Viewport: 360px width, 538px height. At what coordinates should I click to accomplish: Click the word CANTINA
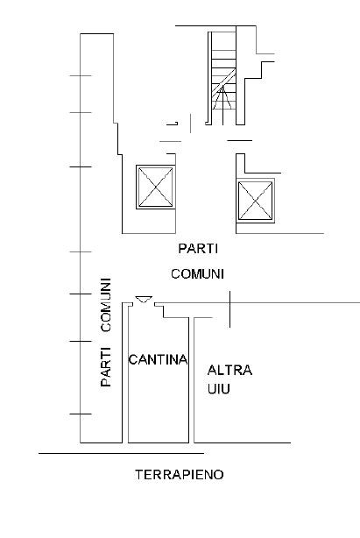(x=158, y=359)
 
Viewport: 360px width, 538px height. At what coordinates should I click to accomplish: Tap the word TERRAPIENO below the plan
(x=180, y=475)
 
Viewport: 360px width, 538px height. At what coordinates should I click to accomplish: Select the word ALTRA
(x=229, y=371)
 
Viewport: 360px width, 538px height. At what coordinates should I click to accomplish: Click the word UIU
(x=219, y=389)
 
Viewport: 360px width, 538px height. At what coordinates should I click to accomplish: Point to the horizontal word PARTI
(x=198, y=249)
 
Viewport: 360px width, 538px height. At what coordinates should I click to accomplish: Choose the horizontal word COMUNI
(x=197, y=274)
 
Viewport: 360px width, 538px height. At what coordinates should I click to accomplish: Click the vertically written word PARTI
(x=106, y=367)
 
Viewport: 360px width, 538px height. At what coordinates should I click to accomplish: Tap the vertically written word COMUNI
(x=106, y=305)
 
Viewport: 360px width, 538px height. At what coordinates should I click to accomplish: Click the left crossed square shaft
(x=156, y=187)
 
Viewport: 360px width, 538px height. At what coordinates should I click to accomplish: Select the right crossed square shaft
(x=256, y=201)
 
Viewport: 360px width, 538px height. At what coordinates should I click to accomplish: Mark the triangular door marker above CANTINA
(x=144, y=300)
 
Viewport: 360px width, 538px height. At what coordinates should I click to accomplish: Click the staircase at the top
(x=223, y=78)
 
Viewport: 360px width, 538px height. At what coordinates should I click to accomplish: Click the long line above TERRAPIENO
(x=122, y=453)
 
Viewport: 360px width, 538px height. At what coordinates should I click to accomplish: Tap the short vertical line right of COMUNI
(x=229, y=309)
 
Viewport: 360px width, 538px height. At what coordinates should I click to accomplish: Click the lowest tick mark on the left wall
(x=81, y=414)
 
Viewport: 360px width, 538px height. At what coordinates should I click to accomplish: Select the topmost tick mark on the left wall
(x=81, y=75)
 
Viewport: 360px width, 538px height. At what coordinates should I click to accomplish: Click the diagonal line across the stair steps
(x=223, y=82)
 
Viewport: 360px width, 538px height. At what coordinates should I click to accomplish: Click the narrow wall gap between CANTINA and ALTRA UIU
(x=191, y=379)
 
